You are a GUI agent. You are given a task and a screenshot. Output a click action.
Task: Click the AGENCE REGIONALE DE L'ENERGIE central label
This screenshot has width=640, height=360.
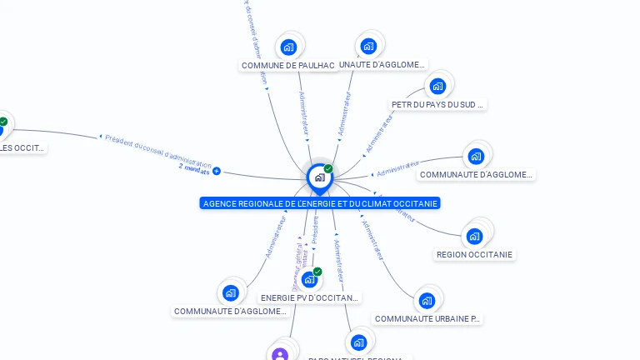click(320, 203)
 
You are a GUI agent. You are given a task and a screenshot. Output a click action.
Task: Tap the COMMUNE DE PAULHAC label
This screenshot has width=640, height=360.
click(287, 66)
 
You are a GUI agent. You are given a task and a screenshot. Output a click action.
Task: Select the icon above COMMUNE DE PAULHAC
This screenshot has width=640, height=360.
click(288, 47)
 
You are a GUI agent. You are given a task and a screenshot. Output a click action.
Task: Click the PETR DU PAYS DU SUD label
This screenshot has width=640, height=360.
click(437, 105)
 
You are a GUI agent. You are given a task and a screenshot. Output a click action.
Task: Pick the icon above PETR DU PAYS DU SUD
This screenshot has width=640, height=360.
click(437, 86)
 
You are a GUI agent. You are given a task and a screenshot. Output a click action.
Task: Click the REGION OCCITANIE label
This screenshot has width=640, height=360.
click(475, 254)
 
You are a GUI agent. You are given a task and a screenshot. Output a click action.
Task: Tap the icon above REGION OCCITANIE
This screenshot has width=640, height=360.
click(475, 236)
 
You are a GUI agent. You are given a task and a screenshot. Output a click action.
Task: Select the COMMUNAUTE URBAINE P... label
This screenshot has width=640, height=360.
click(427, 318)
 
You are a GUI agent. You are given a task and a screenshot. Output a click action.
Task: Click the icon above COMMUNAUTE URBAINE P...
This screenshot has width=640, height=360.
click(427, 300)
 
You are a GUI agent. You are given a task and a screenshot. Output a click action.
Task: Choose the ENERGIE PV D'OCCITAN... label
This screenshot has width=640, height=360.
click(310, 297)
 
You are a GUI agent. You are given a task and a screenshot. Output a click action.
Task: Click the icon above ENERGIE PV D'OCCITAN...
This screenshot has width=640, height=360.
click(309, 279)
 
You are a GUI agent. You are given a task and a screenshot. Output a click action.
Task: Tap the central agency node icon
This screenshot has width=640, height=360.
click(319, 177)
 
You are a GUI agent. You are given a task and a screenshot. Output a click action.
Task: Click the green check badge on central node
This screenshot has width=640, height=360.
click(328, 168)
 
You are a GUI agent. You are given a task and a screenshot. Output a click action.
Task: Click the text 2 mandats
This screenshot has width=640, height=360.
click(194, 169)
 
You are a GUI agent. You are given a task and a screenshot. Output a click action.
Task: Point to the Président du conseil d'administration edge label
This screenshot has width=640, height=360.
click(158, 149)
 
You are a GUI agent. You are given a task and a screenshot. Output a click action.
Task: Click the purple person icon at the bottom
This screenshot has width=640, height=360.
click(280, 355)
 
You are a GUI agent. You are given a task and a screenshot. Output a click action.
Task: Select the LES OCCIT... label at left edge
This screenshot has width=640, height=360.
click(22, 148)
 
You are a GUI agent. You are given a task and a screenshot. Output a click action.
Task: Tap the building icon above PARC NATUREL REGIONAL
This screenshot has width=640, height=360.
click(358, 342)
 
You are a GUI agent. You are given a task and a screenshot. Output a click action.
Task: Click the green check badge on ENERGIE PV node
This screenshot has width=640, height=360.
click(317, 271)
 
